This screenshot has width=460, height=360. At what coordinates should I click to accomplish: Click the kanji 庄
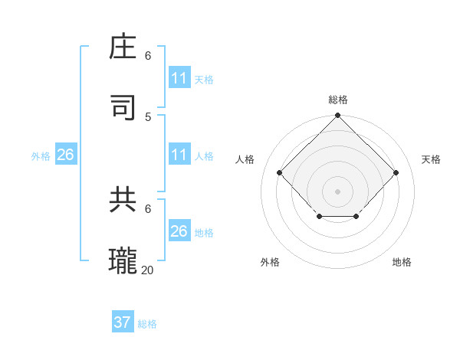(124, 47)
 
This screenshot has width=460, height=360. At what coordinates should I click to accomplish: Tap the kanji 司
(124, 107)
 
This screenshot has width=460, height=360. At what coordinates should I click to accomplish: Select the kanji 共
(124, 199)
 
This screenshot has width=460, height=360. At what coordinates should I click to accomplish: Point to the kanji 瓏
(124, 260)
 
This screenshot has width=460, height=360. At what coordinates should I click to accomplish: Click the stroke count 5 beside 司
(148, 116)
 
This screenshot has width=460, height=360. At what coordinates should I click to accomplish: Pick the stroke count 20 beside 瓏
(148, 270)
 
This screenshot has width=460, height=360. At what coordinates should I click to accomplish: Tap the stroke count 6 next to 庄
(148, 56)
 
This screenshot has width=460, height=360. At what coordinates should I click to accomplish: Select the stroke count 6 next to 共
(148, 208)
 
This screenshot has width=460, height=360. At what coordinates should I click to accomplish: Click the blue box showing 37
(123, 322)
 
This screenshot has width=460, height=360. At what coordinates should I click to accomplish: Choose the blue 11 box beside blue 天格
(179, 78)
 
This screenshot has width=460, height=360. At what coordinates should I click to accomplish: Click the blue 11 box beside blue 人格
(179, 155)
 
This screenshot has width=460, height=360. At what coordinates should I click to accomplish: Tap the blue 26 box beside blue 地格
(179, 231)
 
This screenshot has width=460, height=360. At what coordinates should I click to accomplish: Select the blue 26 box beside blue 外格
(65, 155)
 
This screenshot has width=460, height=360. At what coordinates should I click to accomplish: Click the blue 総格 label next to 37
(147, 324)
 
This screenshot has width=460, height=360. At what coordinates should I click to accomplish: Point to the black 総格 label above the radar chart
(338, 100)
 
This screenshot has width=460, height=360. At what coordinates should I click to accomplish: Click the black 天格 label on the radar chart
(431, 159)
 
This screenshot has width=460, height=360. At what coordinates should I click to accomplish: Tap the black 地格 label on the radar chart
(402, 262)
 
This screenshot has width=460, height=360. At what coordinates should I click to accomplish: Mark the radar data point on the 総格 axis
(338, 116)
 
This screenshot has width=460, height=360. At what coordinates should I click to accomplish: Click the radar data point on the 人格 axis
(280, 172)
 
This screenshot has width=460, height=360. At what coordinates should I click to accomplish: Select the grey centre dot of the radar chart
(338, 191)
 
